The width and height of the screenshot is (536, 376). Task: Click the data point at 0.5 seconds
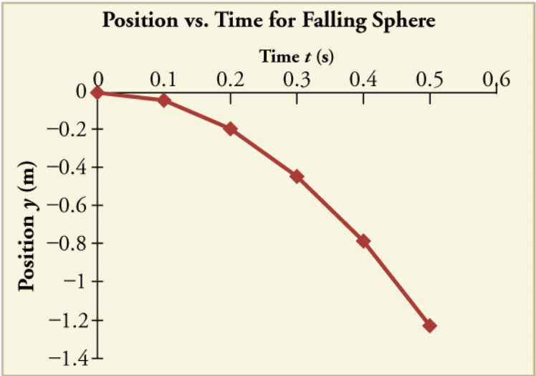430,326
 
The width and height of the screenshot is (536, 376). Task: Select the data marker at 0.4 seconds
363,241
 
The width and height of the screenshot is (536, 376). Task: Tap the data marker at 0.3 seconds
297,177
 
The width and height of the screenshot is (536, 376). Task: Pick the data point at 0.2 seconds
230,129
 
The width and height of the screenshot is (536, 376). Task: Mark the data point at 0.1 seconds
164,100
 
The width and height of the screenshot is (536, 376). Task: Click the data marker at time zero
97,92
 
